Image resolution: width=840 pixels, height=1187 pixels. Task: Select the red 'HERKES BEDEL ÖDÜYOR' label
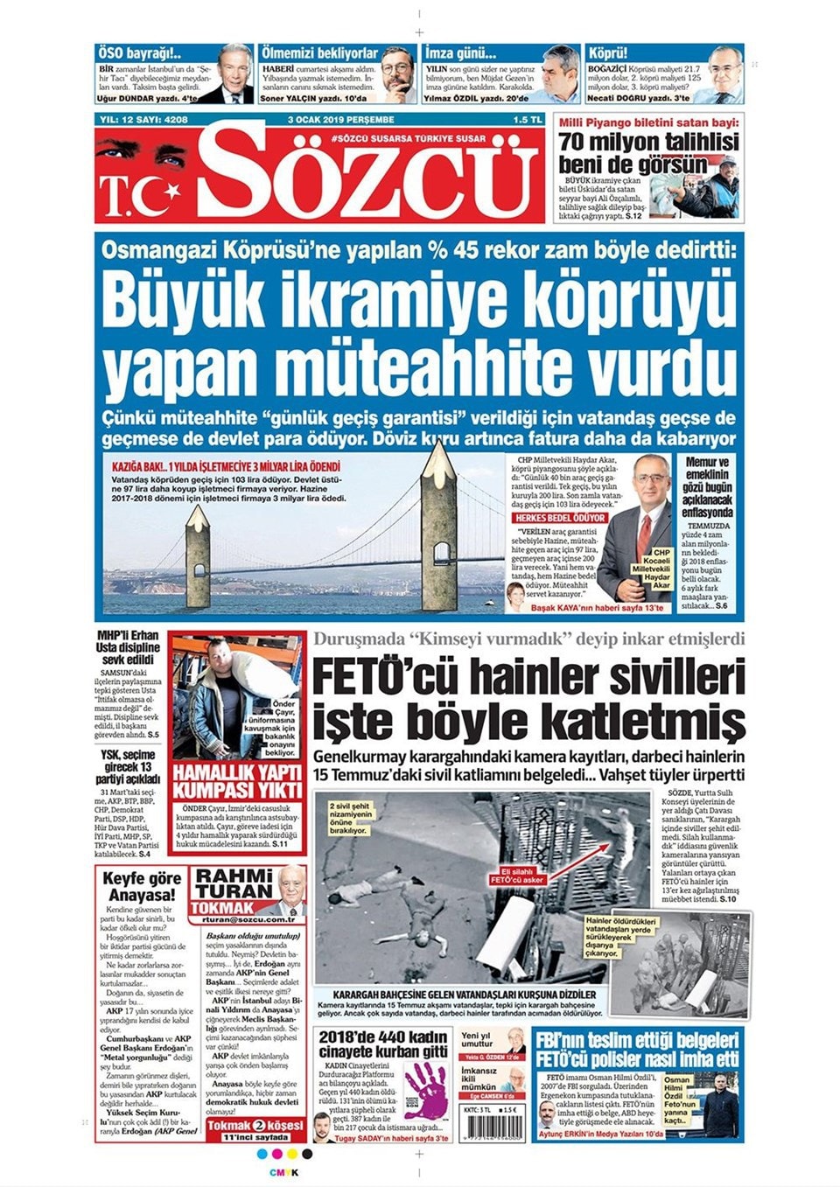(559, 518)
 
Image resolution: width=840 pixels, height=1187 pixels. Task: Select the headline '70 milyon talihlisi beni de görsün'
(648, 152)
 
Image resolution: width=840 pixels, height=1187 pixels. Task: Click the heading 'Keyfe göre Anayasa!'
(142, 886)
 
